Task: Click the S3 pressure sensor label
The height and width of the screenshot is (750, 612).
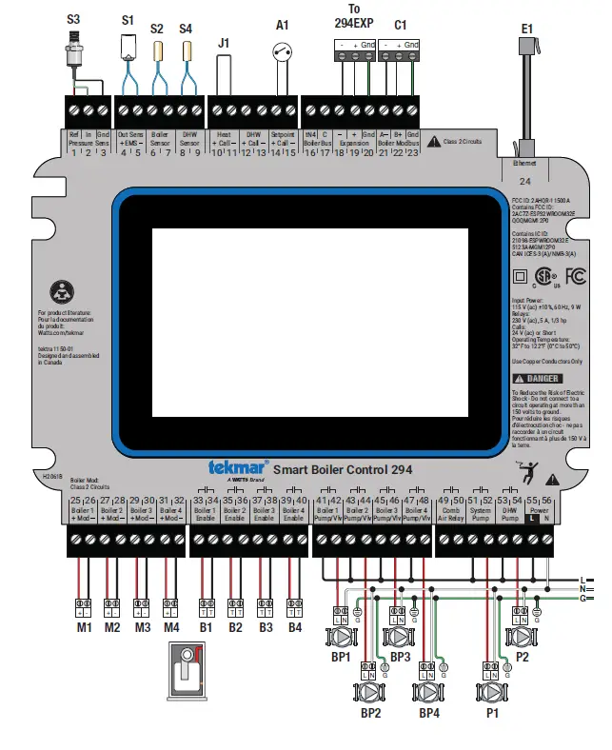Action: (73, 18)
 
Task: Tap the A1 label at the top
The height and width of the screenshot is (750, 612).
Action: (282, 24)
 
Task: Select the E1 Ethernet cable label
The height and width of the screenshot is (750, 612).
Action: (526, 29)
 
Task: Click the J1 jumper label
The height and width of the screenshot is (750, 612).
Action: (224, 42)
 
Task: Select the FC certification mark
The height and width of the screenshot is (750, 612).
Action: (576, 277)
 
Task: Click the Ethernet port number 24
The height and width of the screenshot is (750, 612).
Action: (524, 180)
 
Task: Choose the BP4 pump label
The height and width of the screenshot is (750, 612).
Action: (429, 712)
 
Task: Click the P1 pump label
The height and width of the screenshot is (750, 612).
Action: (491, 712)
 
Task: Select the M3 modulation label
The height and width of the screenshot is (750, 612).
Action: (143, 627)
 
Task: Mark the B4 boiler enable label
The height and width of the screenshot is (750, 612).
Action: (294, 627)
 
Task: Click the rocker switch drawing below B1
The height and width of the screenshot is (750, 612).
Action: (190, 673)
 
